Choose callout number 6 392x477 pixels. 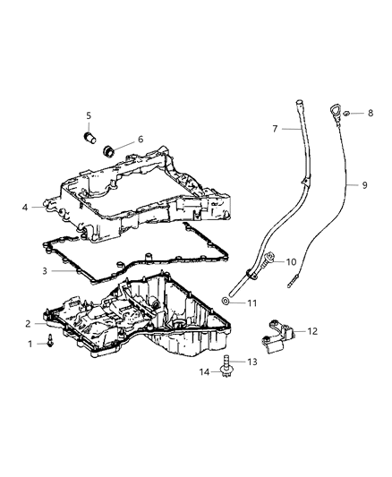pyautogui.click(x=141, y=139)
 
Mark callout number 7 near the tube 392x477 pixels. pyautogui.click(x=275, y=129)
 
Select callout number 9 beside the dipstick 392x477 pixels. pyautogui.click(x=365, y=185)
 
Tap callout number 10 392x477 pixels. pyautogui.click(x=291, y=261)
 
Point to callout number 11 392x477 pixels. pyautogui.click(x=253, y=303)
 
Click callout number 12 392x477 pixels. pyautogui.click(x=312, y=331)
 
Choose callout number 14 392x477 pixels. pyautogui.click(x=202, y=371)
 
